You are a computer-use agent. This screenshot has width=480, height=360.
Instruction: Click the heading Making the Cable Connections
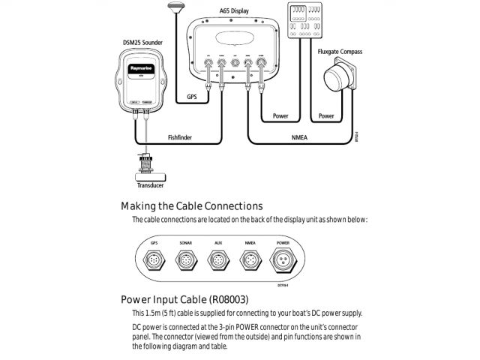[x=191, y=205]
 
